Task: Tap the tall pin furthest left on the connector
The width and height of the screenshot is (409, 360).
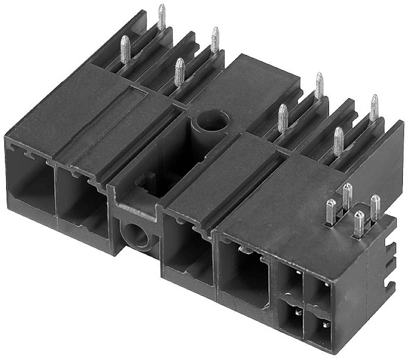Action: click(x=125, y=49)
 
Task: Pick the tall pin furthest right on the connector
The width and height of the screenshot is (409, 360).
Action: click(x=374, y=107)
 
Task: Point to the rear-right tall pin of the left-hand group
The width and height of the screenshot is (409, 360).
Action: click(x=215, y=40)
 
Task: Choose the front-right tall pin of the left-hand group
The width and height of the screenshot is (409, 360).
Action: click(x=179, y=72)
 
